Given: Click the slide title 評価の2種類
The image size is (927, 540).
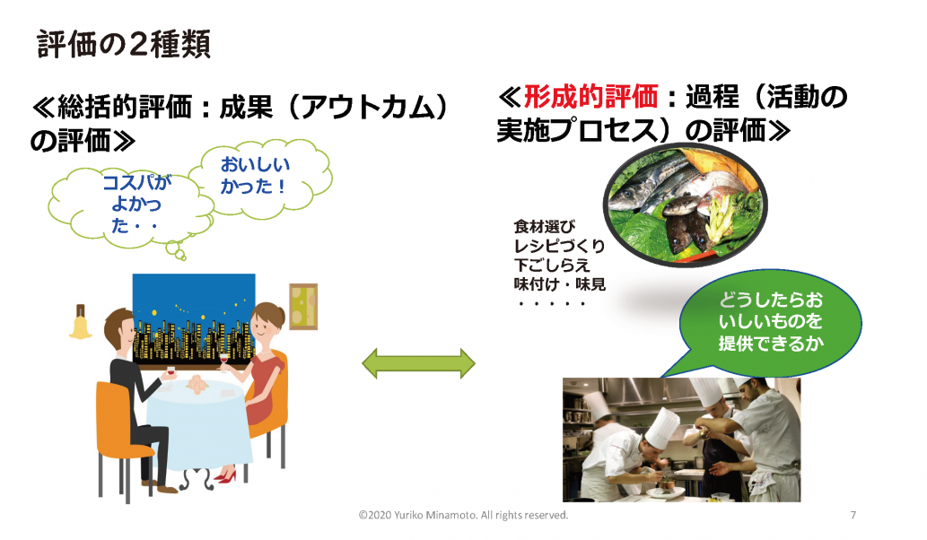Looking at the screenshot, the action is (124, 44).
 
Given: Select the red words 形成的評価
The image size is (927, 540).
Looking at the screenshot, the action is (590, 96).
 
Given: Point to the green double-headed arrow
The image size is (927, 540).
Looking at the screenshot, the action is (418, 363).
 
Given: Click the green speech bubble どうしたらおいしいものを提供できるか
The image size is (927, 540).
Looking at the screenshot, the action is (769, 323).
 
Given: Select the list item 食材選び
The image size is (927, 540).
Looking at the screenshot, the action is (544, 226).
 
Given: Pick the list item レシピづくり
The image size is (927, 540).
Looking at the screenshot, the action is (559, 246).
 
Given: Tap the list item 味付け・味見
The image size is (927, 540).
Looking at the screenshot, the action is (559, 284).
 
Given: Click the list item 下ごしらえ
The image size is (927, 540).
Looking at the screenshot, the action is (552, 266).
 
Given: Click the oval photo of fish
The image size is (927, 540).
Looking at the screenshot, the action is (685, 207).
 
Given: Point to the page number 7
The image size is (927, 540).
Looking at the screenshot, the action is (853, 515).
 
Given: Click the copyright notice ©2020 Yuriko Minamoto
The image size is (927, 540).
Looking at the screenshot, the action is (463, 515).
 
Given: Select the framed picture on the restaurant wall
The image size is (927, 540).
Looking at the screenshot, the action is (303, 306).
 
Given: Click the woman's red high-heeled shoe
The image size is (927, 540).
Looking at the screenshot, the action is (225, 476).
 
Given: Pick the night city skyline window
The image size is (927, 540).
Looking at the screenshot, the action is (194, 318).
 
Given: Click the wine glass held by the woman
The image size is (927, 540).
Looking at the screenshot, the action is (224, 361).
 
